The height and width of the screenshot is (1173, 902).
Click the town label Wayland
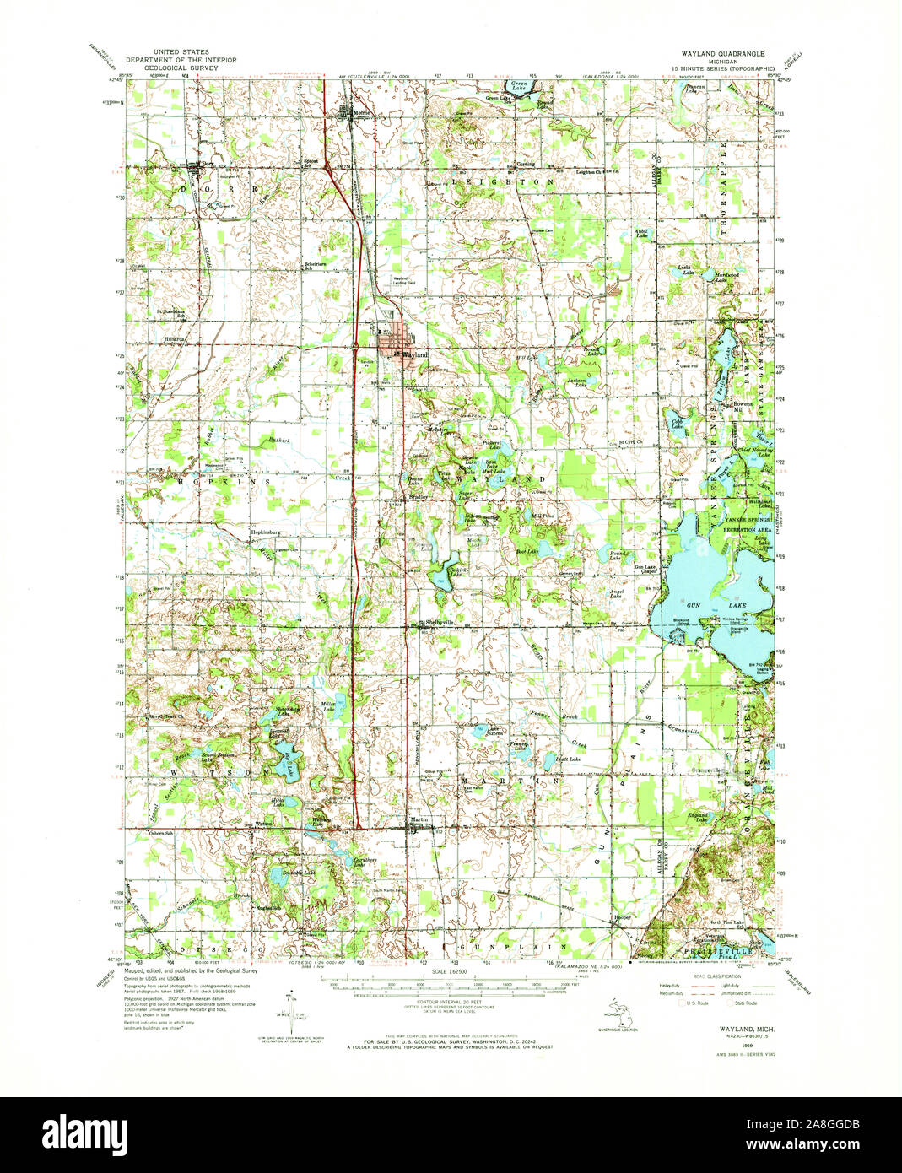tap(414, 355)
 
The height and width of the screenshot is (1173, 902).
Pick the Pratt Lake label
tap(569, 759)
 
